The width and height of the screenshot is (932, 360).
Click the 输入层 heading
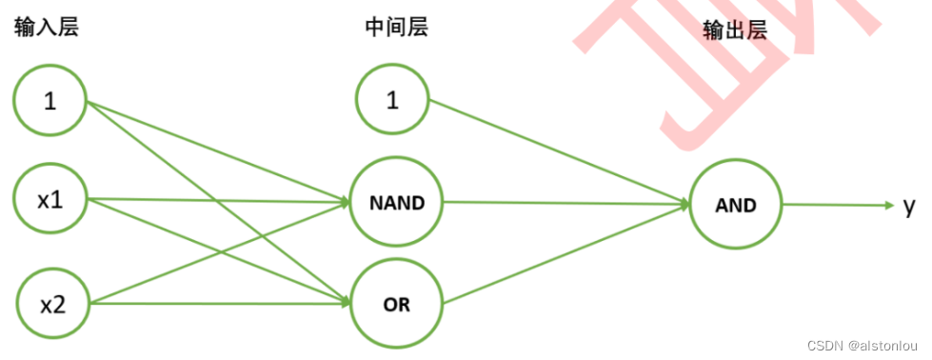point(46,27)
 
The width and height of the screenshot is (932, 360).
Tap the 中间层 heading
point(396,27)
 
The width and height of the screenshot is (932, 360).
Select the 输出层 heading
point(735,30)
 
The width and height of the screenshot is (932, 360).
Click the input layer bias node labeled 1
point(50,100)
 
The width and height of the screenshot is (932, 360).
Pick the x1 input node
point(50,200)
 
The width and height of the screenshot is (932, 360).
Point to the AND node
point(735,204)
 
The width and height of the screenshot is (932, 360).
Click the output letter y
point(909,205)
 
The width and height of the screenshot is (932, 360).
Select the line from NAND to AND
point(562,202)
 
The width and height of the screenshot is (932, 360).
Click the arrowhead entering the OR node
point(345,304)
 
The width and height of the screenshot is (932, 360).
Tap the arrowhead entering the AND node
point(684,203)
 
